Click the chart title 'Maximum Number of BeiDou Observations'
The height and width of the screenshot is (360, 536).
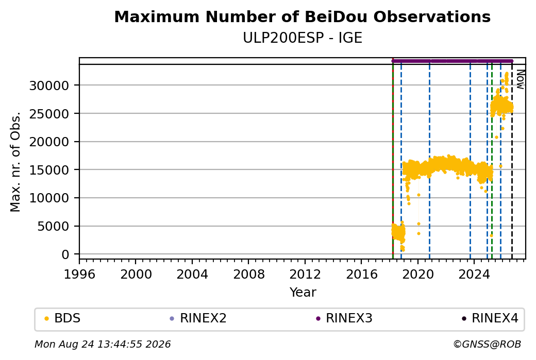[x=302, y=17]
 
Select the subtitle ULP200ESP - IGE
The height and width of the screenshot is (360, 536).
[x=302, y=38]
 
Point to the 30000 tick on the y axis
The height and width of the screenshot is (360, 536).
[x=49, y=85]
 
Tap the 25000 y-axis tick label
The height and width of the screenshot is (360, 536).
[x=49, y=114]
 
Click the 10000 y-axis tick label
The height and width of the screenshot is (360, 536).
[x=49, y=198]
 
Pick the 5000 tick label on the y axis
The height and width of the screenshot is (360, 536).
[x=53, y=226]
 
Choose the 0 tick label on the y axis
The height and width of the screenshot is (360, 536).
[x=65, y=254]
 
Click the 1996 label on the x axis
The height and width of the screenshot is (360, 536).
[x=79, y=274]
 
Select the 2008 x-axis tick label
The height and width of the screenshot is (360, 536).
[x=248, y=274]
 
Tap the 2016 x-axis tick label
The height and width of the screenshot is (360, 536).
[x=361, y=274]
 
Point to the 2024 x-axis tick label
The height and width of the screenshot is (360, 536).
[x=474, y=274]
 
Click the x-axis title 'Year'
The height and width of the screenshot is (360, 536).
[x=303, y=293]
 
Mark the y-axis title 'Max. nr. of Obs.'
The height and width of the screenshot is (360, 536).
[x=15, y=162]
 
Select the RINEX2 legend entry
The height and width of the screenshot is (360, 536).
[x=198, y=318]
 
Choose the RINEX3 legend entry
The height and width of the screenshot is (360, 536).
[x=344, y=318]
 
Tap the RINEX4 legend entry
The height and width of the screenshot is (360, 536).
[x=490, y=318]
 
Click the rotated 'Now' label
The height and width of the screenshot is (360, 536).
[x=520, y=79]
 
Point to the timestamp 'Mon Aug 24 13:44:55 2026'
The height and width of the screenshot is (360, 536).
[x=103, y=344]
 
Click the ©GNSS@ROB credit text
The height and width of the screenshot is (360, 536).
[x=487, y=344]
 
